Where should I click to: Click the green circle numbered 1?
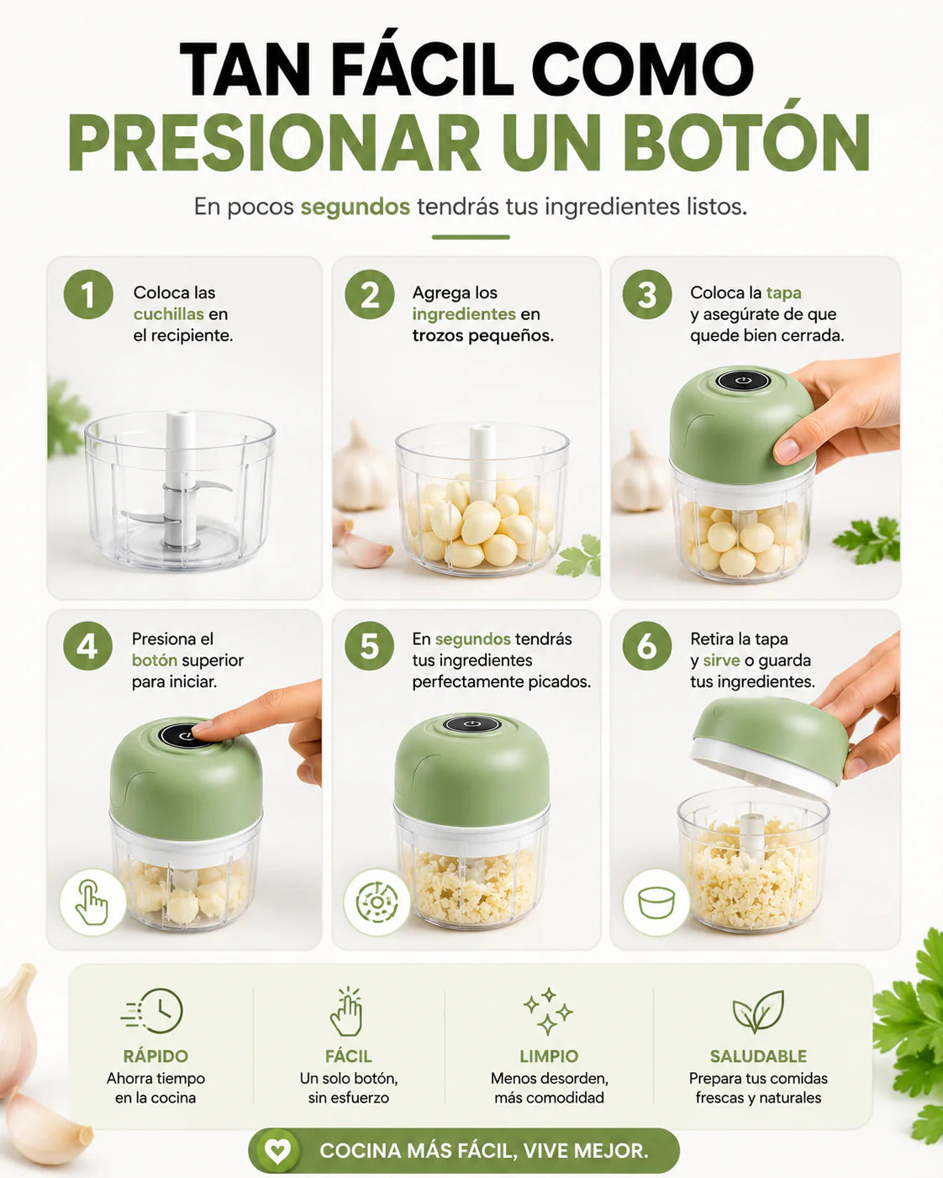tap(88, 294)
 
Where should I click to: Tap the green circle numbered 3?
tap(647, 294)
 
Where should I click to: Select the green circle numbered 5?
tap(369, 646)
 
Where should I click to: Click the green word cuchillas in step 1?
tap(169, 314)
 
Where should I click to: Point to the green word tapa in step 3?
tap(783, 293)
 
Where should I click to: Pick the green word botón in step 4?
tap(155, 660)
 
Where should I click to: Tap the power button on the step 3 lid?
tap(743, 381)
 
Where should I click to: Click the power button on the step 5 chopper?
tap(471, 724)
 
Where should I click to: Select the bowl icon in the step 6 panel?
tap(656, 902)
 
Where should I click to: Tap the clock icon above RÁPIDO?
tap(153, 1010)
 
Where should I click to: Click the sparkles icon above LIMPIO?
tap(548, 1011)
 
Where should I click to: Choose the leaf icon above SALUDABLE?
tap(758, 1011)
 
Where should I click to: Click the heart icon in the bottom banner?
tap(277, 1149)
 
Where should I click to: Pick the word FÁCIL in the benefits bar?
tap(348, 1056)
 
